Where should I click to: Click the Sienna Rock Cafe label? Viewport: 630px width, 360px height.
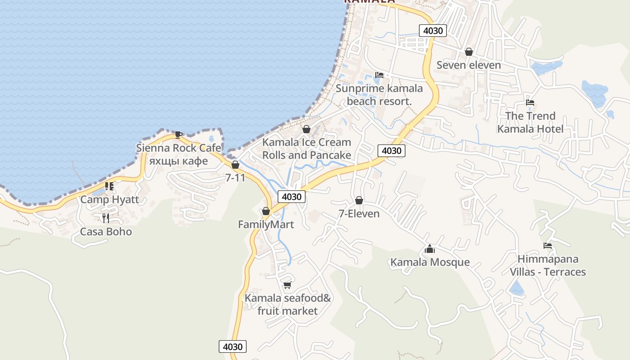tap(179, 148)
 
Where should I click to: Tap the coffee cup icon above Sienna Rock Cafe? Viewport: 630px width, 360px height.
tap(179, 134)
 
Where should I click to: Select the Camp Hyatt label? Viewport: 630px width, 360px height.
tap(110, 199)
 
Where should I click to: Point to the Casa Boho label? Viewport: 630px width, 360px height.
tap(106, 232)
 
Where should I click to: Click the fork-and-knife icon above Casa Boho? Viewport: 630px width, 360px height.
tap(106, 218)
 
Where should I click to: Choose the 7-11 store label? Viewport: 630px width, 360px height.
tap(235, 178)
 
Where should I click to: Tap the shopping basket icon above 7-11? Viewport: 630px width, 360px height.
tap(235, 165)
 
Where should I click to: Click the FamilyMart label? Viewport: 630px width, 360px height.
tap(266, 225)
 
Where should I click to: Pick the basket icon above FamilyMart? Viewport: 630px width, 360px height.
tap(265, 211)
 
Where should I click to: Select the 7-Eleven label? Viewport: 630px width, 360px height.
tap(359, 213)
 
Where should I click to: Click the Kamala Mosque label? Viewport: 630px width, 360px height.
tap(430, 262)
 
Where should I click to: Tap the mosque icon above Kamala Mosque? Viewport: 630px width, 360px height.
tap(429, 248)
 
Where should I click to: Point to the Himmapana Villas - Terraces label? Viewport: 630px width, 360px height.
tap(548, 265)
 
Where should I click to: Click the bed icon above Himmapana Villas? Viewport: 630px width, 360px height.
tap(548, 246)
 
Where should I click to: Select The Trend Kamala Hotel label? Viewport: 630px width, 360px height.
tap(530, 122)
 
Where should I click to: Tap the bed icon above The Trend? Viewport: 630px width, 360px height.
tap(530, 103)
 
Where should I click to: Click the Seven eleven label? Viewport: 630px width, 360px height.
tap(468, 65)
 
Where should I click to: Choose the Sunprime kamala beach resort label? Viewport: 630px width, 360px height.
tap(379, 94)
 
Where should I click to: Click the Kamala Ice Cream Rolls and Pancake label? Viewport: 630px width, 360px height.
tap(306, 148)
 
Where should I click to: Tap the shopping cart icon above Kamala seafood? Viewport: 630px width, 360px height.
tap(287, 285)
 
